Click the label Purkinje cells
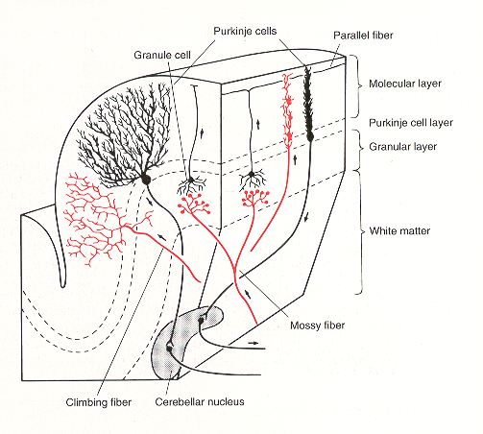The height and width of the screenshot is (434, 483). coord(245,31)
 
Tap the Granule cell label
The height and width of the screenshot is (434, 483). coord(162,55)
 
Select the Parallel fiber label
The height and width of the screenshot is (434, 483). coord(363,36)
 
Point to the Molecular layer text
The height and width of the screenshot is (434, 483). coord(405,84)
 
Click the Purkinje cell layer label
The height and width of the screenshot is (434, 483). coord(411,123)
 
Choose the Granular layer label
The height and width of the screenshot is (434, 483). coord(403,147)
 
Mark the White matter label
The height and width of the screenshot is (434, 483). coord(399,230)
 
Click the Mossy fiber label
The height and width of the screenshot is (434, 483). coord(317,325)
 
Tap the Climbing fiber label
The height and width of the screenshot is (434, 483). coord(99,402)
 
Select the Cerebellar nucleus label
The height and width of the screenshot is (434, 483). coord(200,401)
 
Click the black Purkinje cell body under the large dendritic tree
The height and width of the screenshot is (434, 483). coord(146,180)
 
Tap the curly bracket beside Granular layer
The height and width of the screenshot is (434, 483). coord(360,148)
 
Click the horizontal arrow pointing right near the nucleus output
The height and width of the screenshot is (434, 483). coord(253,343)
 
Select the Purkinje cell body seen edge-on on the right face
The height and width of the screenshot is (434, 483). coord(310,137)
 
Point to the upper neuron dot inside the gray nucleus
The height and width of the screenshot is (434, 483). coord(201,320)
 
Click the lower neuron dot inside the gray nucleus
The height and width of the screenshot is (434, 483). coord(169,349)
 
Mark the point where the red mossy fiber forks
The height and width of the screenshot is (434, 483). coord(234,268)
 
